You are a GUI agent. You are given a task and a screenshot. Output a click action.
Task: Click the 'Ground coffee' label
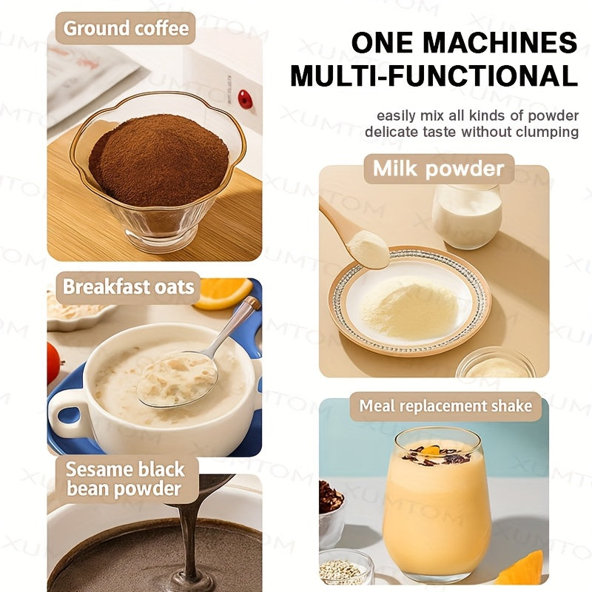click(x=126, y=29)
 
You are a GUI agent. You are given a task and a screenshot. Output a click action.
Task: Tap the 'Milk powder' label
click(x=438, y=169)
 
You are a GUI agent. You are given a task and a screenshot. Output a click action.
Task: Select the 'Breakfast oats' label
click(x=128, y=287)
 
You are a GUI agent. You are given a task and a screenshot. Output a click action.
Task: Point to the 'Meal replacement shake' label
click(x=445, y=406)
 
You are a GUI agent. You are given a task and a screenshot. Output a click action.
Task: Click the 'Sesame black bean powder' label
click(x=124, y=479)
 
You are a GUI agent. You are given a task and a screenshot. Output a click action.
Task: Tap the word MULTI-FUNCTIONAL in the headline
click(x=434, y=76)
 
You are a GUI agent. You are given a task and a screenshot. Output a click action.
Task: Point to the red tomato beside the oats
click(x=53, y=363)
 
